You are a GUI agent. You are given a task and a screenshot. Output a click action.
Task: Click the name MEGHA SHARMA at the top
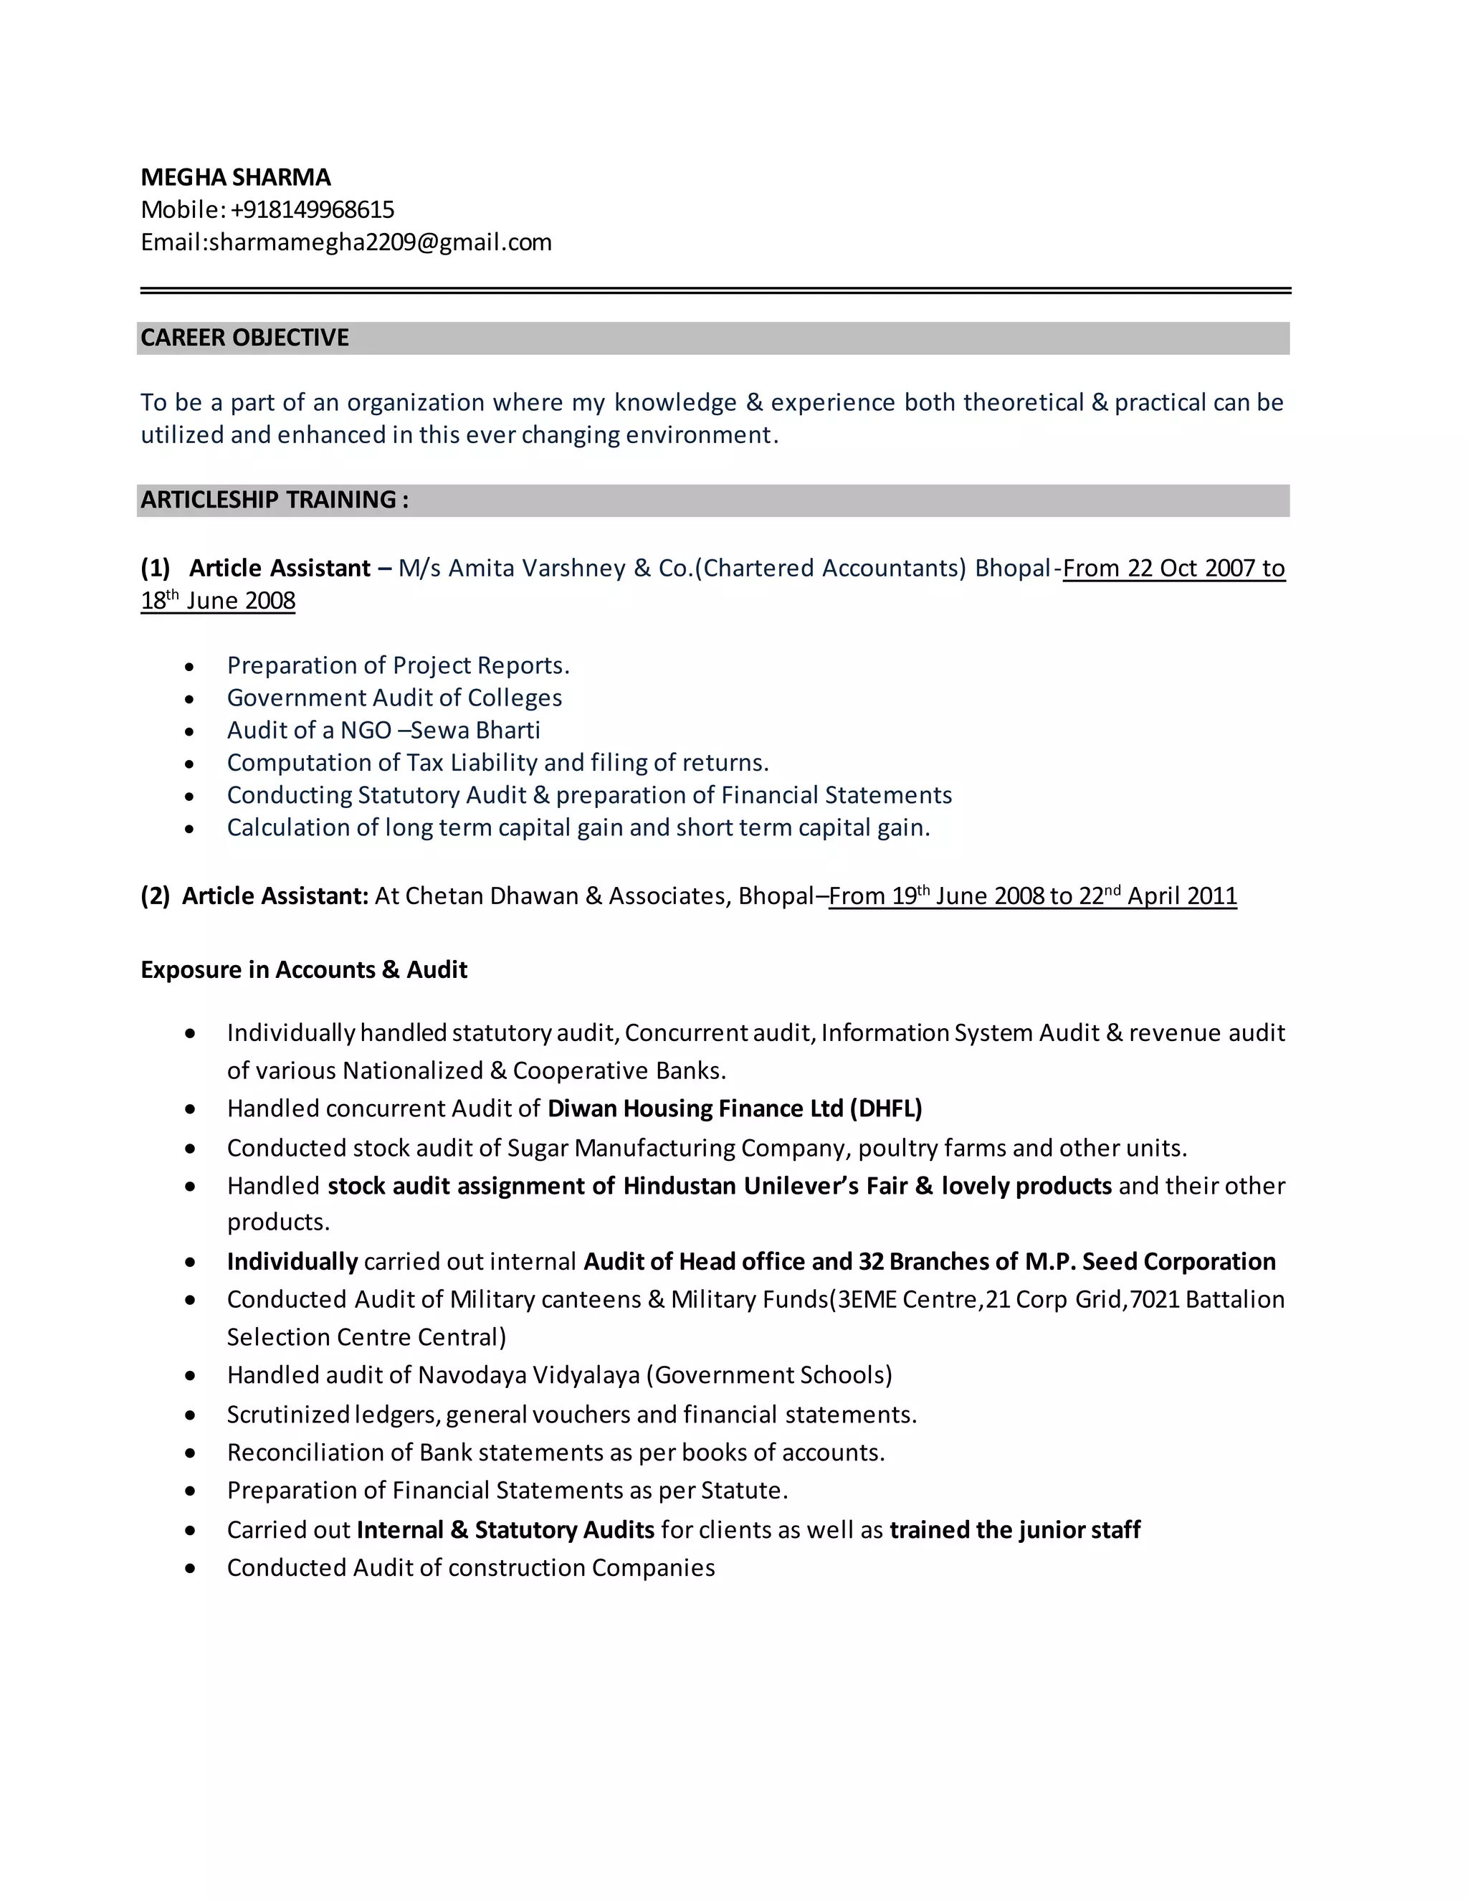tap(236, 178)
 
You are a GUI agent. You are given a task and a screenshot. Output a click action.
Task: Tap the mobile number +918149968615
tap(313, 209)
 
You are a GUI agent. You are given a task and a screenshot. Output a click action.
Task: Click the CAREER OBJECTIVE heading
tap(244, 338)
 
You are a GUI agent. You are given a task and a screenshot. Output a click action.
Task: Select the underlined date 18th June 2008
tap(219, 601)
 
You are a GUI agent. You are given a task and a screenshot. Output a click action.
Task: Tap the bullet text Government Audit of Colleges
tap(394, 698)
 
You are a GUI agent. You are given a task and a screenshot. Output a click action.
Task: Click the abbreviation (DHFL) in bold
tap(886, 1108)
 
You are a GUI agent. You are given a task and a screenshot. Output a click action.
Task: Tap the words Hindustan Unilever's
tap(741, 1186)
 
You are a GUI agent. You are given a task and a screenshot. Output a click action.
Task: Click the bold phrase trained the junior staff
tap(1015, 1529)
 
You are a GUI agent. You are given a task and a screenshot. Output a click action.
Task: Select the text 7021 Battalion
tap(1207, 1299)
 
